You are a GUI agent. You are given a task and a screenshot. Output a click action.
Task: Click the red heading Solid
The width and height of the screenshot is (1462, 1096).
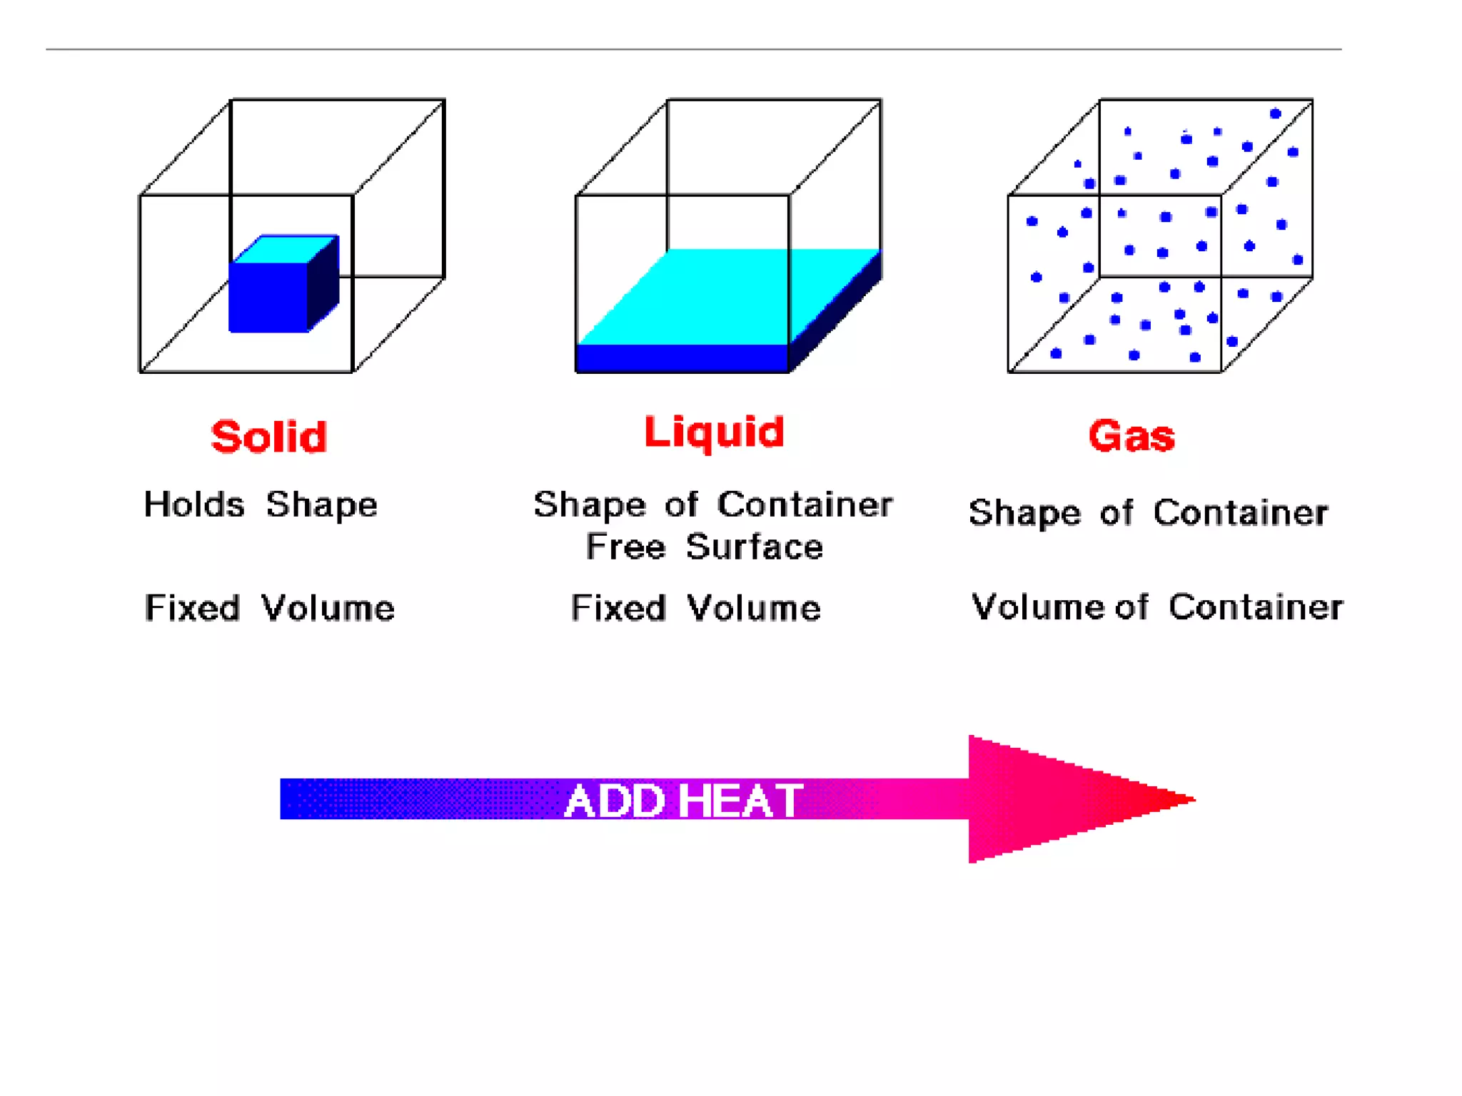click(269, 437)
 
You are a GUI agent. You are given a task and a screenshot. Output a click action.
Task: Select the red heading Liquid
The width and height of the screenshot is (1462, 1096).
click(714, 432)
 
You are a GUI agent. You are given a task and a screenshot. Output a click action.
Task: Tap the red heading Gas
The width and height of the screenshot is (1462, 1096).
click(1131, 436)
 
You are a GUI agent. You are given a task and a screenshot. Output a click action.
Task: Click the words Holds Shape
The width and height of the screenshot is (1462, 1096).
click(261, 505)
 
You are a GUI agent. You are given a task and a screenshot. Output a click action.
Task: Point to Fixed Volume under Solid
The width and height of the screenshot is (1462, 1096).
click(269, 609)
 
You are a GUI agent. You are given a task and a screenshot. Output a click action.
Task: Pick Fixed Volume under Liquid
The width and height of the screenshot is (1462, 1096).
click(696, 609)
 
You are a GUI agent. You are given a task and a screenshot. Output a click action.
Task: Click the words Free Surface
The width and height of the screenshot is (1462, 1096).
click(705, 547)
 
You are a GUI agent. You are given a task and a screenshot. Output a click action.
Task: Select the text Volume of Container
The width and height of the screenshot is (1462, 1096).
click(1157, 607)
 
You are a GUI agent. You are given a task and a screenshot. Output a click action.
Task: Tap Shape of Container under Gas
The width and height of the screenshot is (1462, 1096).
click(1148, 513)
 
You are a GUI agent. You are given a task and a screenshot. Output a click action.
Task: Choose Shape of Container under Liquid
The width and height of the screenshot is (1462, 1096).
click(713, 505)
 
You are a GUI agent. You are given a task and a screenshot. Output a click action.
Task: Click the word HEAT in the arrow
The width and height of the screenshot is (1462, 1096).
click(740, 801)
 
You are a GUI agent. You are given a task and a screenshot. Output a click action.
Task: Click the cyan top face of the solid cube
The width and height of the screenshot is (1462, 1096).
click(284, 249)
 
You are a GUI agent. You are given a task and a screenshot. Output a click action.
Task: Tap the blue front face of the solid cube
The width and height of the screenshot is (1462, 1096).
click(268, 297)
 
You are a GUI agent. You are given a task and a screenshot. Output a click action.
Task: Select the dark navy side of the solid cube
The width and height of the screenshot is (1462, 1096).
click(323, 283)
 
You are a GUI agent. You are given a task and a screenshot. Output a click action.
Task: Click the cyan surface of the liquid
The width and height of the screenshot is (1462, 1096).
click(714, 296)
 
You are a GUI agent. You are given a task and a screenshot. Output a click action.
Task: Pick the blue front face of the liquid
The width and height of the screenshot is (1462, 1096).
click(682, 358)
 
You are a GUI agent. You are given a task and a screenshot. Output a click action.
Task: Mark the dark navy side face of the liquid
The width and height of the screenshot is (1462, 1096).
click(835, 314)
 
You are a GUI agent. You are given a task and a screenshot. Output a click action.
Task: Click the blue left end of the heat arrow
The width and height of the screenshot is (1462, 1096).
click(300, 799)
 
